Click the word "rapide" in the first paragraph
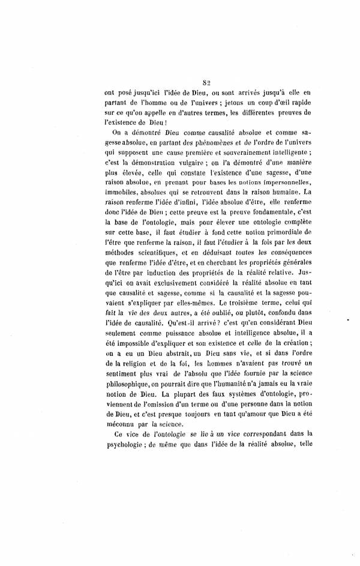tap(301, 103)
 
